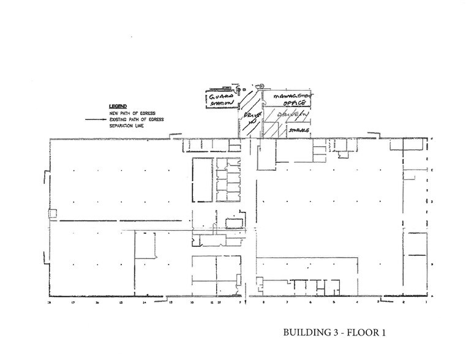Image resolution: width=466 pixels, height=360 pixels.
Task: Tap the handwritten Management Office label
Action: [x=291, y=100]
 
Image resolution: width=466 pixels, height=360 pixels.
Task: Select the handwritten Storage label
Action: [x=298, y=131]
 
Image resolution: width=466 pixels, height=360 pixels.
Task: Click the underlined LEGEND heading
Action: [x=117, y=105]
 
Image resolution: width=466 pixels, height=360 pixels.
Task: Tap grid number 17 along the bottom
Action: [x=73, y=302]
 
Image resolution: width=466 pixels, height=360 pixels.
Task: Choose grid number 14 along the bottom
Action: [x=145, y=302]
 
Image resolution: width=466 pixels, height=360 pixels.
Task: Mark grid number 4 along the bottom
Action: [x=356, y=302]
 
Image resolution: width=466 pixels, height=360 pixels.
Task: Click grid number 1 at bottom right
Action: [x=427, y=302]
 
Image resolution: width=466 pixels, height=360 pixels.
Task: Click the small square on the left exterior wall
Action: [x=53, y=214]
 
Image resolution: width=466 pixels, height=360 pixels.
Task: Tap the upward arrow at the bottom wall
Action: [x=245, y=301]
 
